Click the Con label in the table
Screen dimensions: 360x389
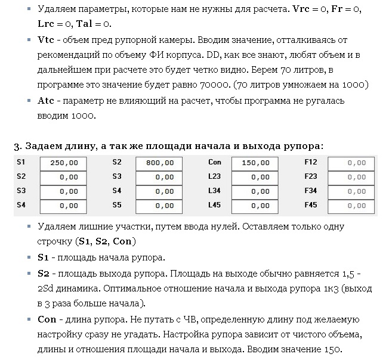[215, 162]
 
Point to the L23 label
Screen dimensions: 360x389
[214, 176]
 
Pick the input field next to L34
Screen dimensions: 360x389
[255, 192]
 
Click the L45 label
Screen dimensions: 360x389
[214, 205]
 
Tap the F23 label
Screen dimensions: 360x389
[310, 176]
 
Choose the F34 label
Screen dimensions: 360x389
[310, 191]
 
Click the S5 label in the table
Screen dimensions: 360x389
[117, 205]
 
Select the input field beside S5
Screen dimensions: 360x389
[159, 206]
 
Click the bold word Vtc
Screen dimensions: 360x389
[46, 39]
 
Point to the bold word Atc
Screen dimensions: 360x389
[46, 101]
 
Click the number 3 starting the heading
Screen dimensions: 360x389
[16, 146]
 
